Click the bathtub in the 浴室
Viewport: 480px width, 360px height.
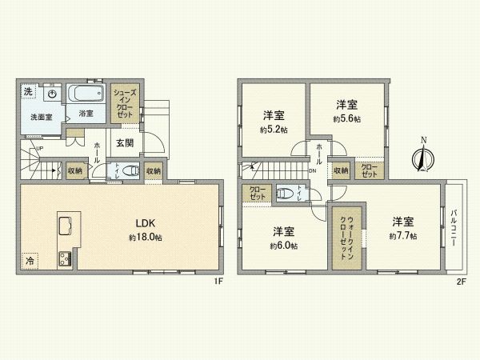pyautogui.click(x=87, y=92)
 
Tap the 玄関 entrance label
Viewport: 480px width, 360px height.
pyautogui.click(x=125, y=144)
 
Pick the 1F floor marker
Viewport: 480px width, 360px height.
pyautogui.click(x=216, y=282)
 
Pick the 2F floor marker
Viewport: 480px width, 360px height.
pyautogui.click(x=461, y=282)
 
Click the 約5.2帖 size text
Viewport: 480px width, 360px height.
pyautogui.click(x=272, y=128)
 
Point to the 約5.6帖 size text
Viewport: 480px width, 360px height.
pyautogui.click(x=346, y=118)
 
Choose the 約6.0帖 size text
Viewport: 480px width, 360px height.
pyautogui.click(x=284, y=246)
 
